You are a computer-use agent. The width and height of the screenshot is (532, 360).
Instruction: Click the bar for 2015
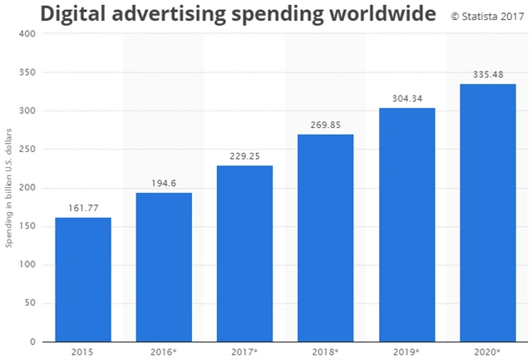(x=83, y=279)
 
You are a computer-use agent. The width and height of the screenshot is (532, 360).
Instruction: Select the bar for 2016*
(x=164, y=267)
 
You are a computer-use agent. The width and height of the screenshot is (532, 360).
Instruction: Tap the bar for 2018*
(x=326, y=238)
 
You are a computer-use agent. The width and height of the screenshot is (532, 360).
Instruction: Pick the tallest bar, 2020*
(x=487, y=213)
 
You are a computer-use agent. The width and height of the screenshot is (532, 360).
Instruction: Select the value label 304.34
(x=406, y=100)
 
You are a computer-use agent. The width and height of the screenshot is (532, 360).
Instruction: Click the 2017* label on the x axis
(x=244, y=351)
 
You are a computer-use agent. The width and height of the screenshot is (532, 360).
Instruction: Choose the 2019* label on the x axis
(x=406, y=351)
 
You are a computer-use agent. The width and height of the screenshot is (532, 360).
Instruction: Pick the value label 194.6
(x=164, y=185)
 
